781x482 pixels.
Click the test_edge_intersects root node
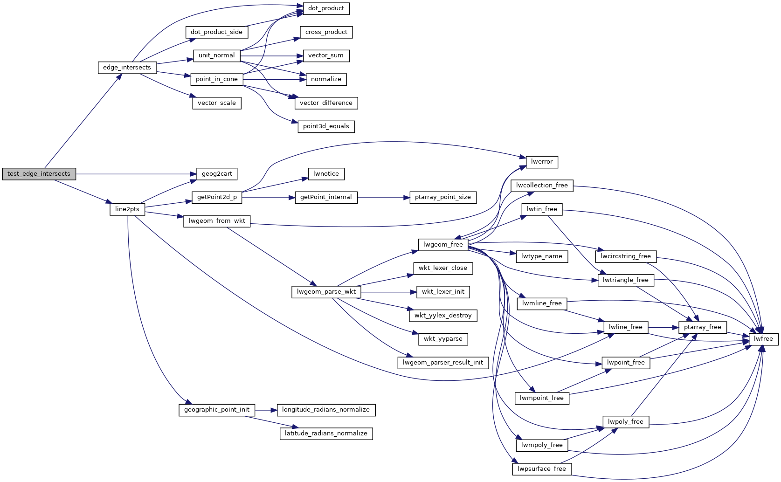coord(39,174)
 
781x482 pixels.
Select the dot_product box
coord(326,8)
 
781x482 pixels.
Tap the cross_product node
coord(326,32)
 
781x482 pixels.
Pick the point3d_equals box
coord(326,126)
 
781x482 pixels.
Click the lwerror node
coord(541,162)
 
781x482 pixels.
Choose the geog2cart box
coord(217,174)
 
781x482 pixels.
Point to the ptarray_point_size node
coord(442,197)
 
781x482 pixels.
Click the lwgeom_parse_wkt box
coord(326,292)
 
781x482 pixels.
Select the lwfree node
coord(763,339)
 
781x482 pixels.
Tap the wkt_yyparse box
coord(443,339)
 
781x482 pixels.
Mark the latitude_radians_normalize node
coord(326,434)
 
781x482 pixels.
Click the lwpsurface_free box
coord(541,469)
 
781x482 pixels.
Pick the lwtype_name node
coord(541,256)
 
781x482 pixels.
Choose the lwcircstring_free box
coord(625,256)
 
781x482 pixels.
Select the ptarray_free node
coord(702,327)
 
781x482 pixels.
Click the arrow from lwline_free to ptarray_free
coord(663,328)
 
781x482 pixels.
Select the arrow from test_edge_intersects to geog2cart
coord(135,174)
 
